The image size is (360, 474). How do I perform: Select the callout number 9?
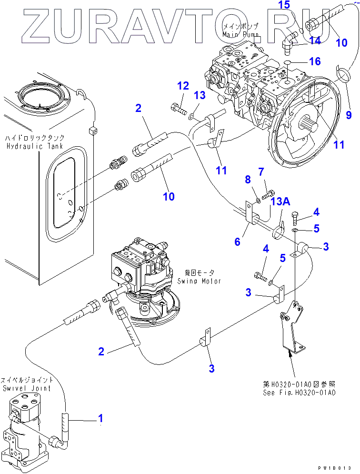(x=349, y=114)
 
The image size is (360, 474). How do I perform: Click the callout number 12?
(x=183, y=86)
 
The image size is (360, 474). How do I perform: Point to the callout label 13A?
(x=280, y=202)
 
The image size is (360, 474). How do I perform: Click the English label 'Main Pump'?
(x=241, y=35)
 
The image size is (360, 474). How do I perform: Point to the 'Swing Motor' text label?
(x=199, y=281)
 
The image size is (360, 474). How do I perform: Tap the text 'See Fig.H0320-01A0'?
(x=299, y=393)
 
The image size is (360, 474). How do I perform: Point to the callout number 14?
(x=315, y=40)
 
